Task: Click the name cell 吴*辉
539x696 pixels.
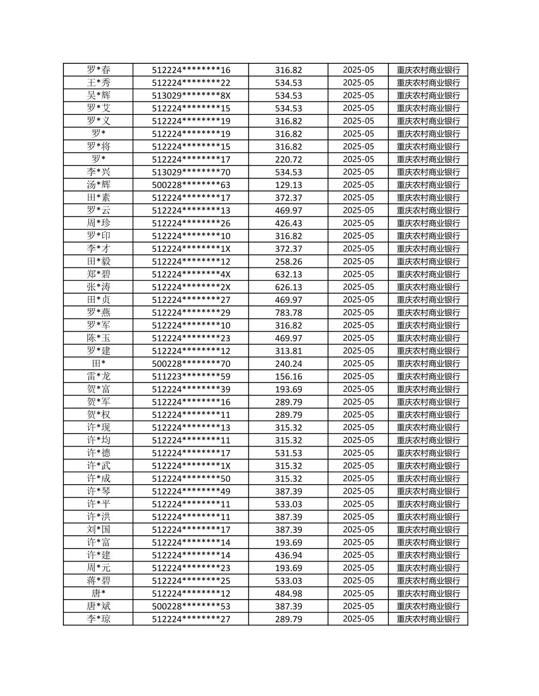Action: click(x=98, y=95)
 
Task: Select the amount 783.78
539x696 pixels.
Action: click(x=288, y=313)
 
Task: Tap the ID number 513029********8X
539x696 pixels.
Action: click(x=191, y=95)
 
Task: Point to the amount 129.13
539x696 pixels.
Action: click(x=288, y=185)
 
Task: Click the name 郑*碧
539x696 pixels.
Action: click(x=98, y=274)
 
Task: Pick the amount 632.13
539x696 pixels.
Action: click(x=288, y=274)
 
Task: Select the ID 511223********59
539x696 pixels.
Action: click(x=191, y=376)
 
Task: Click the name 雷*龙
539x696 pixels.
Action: click(x=98, y=376)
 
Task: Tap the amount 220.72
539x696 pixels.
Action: click(x=288, y=159)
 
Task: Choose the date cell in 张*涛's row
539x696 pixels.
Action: click(x=358, y=287)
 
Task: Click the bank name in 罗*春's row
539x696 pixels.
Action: click(x=428, y=70)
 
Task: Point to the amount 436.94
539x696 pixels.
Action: click(x=288, y=555)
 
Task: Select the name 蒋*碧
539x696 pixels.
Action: click(x=98, y=581)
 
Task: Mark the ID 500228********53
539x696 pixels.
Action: click(x=191, y=606)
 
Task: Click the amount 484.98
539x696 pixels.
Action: click(x=288, y=593)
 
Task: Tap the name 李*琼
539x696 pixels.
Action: click(x=98, y=619)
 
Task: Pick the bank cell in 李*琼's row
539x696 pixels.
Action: click(x=428, y=619)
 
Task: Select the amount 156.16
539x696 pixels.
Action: click(x=288, y=376)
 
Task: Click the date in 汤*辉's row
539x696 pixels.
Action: click(x=358, y=185)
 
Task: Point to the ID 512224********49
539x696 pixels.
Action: click(x=191, y=491)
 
